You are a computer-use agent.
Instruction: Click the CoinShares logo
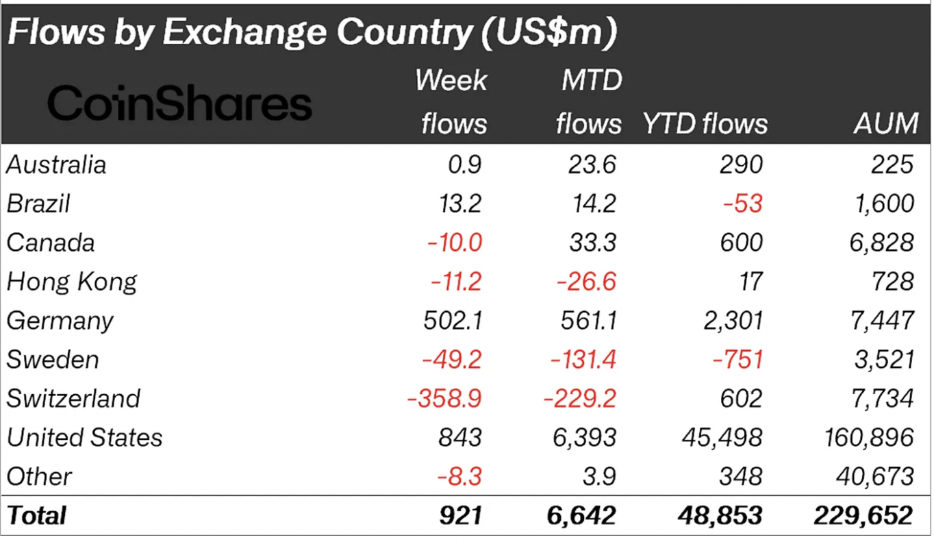point(179,104)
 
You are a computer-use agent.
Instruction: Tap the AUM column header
point(886,124)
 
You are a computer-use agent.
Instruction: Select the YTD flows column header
point(705,124)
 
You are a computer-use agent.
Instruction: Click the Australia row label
point(56,165)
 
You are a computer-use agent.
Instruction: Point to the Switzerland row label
point(73,399)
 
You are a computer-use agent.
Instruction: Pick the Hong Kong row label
point(71,282)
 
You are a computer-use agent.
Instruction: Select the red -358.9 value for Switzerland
point(444,399)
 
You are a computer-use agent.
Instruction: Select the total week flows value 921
point(463,515)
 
